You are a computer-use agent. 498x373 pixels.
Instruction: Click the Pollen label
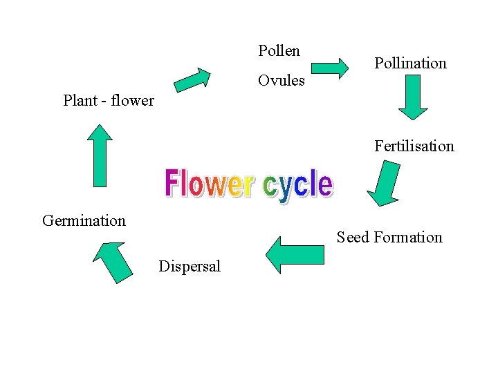tap(279, 51)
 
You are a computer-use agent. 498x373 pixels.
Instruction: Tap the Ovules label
tap(281, 81)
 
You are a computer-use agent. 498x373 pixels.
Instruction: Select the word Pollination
tap(410, 64)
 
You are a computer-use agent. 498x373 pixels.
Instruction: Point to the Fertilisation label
tap(414, 146)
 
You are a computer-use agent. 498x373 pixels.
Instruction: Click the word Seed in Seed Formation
tap(353, 238)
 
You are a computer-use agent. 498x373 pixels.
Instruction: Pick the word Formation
tap(407, 238)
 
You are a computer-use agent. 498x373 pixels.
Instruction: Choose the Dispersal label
tap(190, 267)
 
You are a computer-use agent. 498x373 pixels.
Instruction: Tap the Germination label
tap(84, 221)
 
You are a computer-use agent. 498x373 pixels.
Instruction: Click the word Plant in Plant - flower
tap(80, 101)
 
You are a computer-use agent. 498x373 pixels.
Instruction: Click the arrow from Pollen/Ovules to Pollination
tap(330, 68)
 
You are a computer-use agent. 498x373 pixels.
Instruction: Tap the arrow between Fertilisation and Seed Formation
tap(383, 184)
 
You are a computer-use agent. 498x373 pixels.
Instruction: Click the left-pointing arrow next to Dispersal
tap(295, 255)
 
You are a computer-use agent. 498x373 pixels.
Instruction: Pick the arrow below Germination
tap(112, 260)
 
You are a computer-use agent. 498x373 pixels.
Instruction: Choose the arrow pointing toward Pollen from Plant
tap(193, 79)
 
